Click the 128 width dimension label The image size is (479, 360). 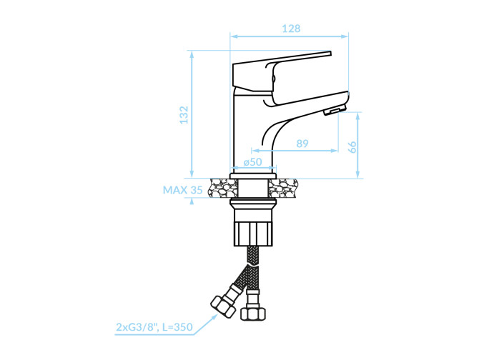(291, 29)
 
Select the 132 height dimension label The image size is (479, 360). (184, 115)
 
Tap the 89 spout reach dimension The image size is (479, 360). (302, 144)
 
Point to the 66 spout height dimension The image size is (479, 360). (352, 147)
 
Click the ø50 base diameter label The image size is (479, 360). (252, 161)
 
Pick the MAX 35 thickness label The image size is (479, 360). (183, 190)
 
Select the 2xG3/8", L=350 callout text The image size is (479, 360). (154, 327)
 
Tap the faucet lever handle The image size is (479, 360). (282, 71)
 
